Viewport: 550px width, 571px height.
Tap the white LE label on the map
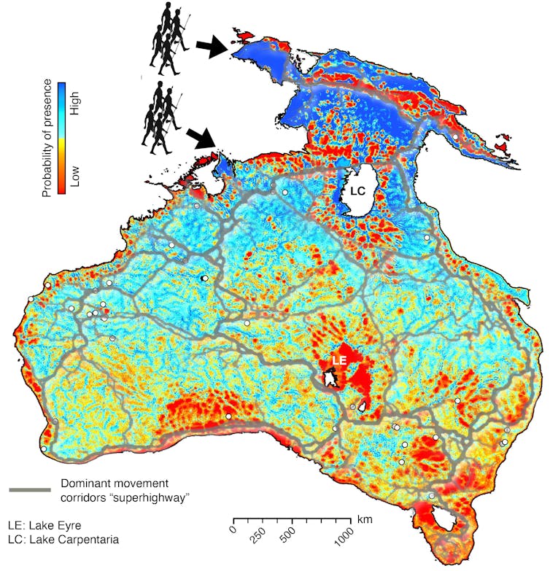pos(340,361)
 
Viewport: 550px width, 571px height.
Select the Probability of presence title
pos(46,138)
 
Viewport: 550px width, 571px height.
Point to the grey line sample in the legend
pos(29,489)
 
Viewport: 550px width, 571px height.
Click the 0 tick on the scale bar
pos(233,520)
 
